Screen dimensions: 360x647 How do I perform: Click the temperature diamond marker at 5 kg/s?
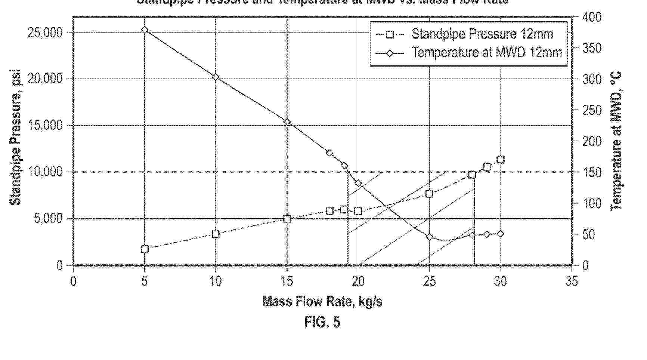pos(145,30)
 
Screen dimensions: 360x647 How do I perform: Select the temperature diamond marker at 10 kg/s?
pos(216,77)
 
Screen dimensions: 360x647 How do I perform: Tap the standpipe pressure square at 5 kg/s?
pos(145,249)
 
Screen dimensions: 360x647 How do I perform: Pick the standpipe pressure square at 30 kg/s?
pos(501,160)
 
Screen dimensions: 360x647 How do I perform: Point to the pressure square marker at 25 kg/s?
pos(429,194)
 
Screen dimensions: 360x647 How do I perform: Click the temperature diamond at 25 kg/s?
pos(429,237)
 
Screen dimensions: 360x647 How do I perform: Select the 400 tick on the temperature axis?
pos(592,17)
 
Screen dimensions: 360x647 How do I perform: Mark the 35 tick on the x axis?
pos(572,281)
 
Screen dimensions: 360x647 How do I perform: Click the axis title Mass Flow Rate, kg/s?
pos(322,301)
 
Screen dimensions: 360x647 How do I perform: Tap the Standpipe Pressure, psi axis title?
pos(16,138)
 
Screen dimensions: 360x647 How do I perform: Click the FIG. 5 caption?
pos(322,322)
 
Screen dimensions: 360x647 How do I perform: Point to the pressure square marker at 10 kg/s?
pos(216,234)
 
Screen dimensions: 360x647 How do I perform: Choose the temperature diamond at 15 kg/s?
pos(287,122)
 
